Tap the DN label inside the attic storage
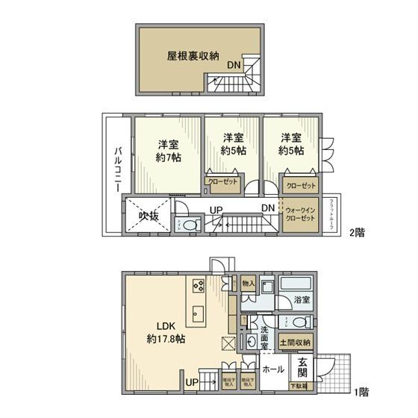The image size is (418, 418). tap(233, 65)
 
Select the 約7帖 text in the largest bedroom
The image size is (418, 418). tap(169, 158)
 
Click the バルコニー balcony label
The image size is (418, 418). tap(118, 169)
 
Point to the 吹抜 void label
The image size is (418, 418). tap(149, 216)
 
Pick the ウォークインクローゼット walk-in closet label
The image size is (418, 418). tap(301, 215)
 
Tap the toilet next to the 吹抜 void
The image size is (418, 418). tap(187, 224)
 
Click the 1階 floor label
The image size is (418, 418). tap(360, 390)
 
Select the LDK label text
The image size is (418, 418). tap(166, 325)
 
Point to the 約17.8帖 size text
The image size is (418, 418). tap(166, 339)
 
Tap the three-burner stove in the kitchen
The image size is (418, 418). tap(199, 285)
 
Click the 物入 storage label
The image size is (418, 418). tap(249, 284)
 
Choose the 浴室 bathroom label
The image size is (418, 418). tap(302, 300)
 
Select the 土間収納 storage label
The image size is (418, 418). tap(296, 342)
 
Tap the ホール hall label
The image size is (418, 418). tap(273, 369)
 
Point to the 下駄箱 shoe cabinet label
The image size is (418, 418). tap(299, 387)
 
